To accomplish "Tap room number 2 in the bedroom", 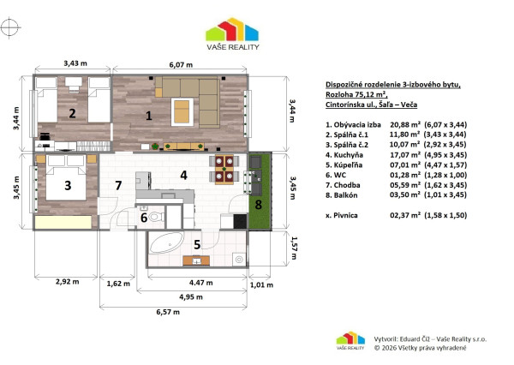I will click(73, 113).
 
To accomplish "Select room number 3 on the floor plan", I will click(66, 184).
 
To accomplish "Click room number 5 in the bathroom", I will click(196, 245).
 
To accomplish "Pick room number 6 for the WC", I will click(144, 218).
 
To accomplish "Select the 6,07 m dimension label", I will click(179, 64).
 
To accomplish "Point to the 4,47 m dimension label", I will click(198, 282).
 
